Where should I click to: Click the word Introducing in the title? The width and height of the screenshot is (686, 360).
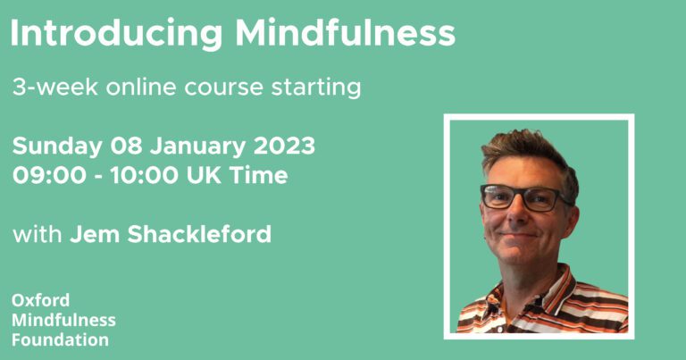click(x=116, y=34)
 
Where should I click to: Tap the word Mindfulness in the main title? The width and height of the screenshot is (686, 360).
click(x=346, y=32)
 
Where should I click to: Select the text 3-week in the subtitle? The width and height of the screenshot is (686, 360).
click(x=55, y=87)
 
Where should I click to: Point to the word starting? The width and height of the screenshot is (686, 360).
click(x=316, y=88)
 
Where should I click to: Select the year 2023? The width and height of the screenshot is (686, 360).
click(x=284, y=146)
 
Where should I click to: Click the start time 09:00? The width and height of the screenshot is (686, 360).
click(x=49, y=175)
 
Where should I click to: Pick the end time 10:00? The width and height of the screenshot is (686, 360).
click(x=144, y=175)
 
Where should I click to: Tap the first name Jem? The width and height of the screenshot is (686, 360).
click(x=95, y=234)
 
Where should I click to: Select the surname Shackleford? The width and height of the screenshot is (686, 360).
click(x=199, y=234)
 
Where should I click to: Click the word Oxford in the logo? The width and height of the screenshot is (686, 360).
click(x=41, y=300)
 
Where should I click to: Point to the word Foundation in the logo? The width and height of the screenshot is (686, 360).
click(x=61, y=339)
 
